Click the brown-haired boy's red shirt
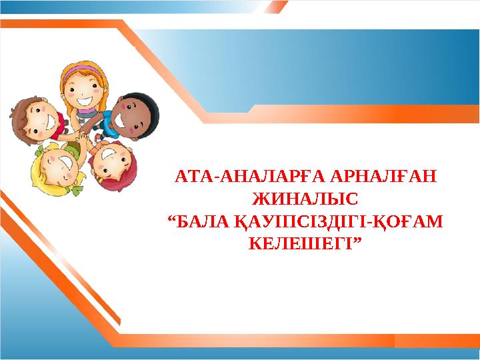pos(60,123)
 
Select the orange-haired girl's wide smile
pos(86,100)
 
